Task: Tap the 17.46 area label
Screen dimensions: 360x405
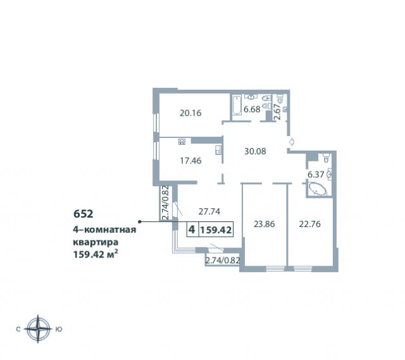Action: [x=190, y=161]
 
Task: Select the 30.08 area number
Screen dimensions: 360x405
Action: [x=255, y=151]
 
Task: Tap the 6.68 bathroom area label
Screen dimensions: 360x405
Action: [x=252, y=109]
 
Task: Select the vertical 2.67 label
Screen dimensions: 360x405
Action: [x=277, y=110]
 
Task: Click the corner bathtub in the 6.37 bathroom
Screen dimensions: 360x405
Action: [x=317, y=189]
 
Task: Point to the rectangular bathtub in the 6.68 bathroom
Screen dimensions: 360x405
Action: [x=237, y=104]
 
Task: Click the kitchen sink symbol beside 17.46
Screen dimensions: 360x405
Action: [x=218, y=150]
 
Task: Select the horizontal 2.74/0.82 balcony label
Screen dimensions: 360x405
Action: [x=221, y=260]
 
